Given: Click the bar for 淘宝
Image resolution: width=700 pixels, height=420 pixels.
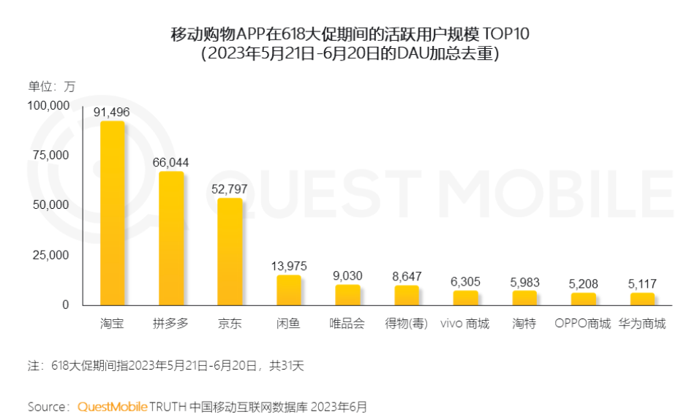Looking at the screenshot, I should point(112,213).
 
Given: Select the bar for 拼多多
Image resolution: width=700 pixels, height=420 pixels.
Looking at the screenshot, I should point(171,238).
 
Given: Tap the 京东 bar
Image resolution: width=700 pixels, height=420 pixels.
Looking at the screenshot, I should point(230,251).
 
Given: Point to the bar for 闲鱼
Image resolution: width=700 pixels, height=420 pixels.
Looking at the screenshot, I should point(289,290).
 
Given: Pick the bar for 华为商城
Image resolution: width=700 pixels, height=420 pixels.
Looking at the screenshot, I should point(642,299).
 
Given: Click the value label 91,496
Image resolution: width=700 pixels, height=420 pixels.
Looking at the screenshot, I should point(112,112).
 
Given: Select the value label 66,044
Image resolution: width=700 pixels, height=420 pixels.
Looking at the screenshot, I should point(171,162).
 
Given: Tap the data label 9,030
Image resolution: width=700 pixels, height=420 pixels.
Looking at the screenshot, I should point(347,275).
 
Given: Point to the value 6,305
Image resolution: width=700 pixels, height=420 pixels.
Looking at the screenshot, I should point(465,281).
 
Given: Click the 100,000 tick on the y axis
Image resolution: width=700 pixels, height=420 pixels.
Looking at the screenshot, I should point(49,106).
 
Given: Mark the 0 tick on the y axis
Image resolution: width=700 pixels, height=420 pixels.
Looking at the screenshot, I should point(66,305).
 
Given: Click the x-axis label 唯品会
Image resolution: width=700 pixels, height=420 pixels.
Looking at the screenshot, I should point(347,323).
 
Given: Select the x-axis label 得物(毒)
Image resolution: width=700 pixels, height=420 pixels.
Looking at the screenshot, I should point(407,323).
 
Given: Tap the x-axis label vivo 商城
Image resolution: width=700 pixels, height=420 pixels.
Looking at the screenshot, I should point(465,323).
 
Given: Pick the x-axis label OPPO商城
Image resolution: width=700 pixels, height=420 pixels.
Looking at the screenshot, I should point(582,323).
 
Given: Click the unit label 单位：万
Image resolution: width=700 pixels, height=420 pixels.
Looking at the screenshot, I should point(52,85).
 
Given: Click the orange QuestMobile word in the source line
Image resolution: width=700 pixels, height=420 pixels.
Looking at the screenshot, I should point(112,406).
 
